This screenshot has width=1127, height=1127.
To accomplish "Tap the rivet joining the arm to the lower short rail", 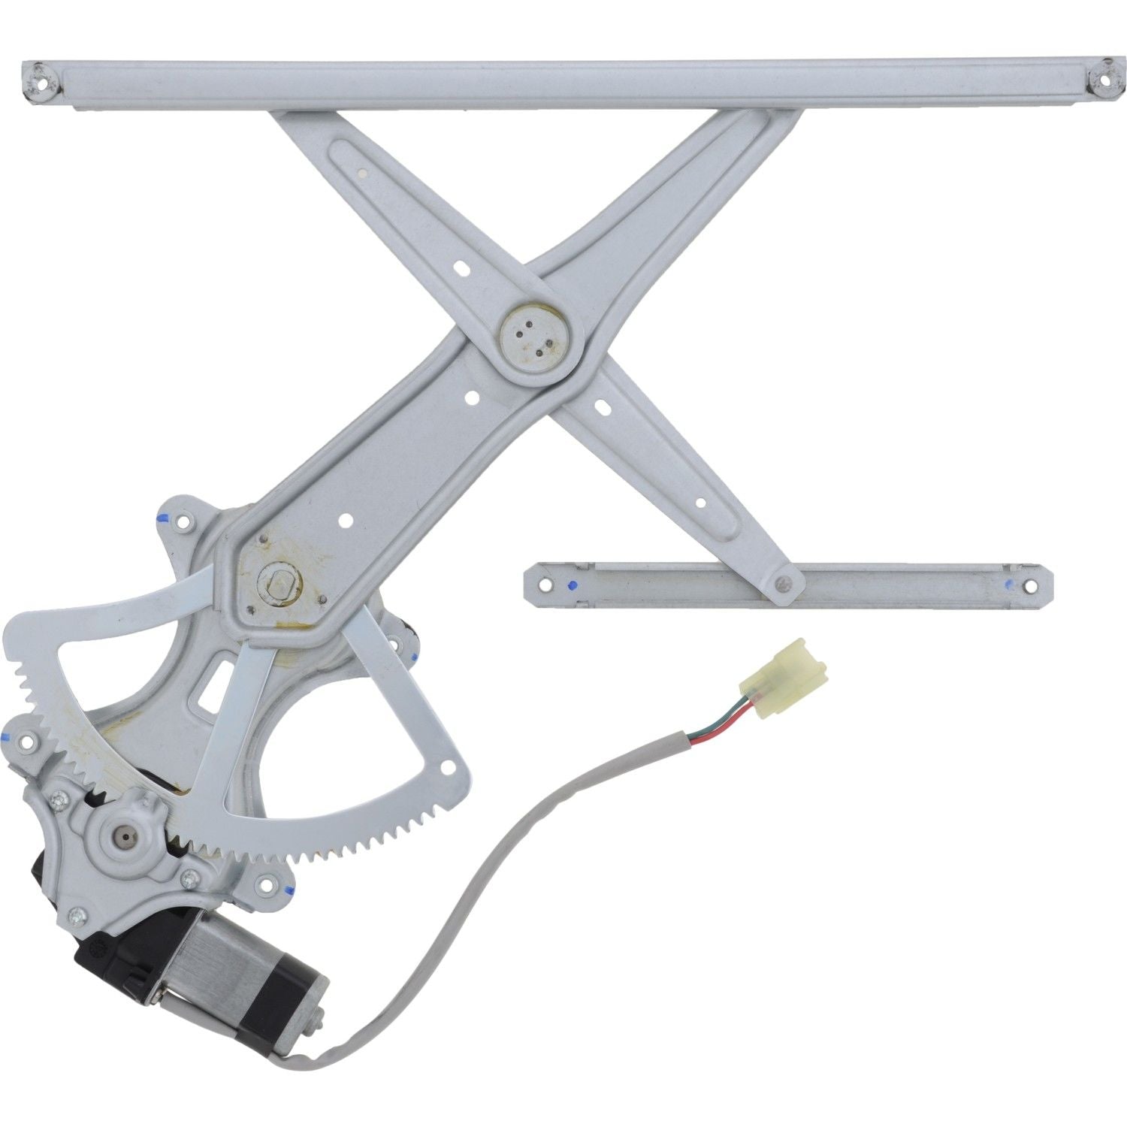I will click(x=784, y=581).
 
